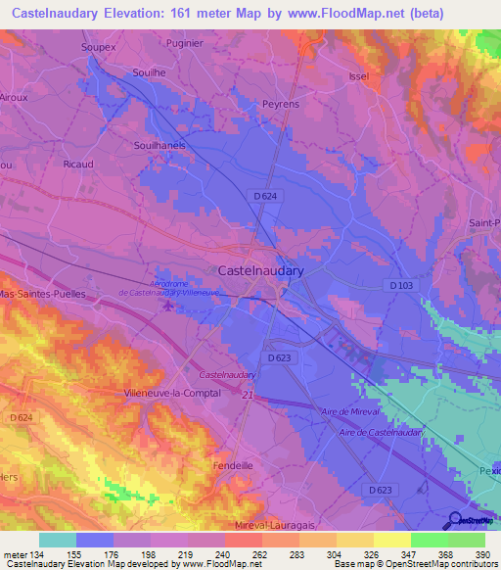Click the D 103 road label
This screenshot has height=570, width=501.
pos(401,285)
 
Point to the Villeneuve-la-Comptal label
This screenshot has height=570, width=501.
pos(172,392)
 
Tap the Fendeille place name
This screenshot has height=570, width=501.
pos(234,465)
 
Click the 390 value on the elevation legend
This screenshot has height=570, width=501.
pos(484,553)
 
